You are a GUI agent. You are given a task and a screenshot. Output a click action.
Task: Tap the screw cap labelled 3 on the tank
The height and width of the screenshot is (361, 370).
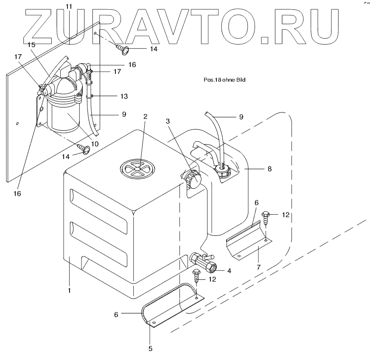193,178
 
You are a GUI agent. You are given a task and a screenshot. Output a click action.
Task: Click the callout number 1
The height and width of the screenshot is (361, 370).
69,291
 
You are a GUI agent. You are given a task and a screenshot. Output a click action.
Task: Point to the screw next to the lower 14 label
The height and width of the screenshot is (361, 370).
84,149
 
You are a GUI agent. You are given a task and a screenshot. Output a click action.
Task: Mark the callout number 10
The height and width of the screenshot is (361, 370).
94,144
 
